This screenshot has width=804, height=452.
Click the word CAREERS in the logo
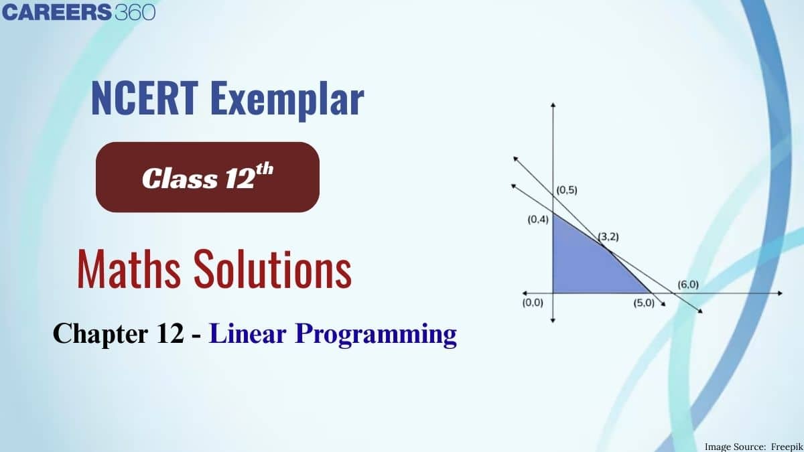(57, 12)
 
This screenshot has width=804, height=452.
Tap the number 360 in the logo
(135, 12)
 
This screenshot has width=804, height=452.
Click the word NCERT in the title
(145, 98)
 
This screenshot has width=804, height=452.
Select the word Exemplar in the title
(287, 100)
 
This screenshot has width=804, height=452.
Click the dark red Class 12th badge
(208, 177)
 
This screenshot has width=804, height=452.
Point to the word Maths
(129, 269)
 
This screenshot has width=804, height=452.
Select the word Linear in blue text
(248, 333)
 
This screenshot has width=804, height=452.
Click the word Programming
(376, 335)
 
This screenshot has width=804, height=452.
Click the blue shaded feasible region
(585, 265)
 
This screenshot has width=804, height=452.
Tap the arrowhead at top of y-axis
(553, 104)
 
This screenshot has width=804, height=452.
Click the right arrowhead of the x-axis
(780, 293)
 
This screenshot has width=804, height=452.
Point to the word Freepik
(787, 447)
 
